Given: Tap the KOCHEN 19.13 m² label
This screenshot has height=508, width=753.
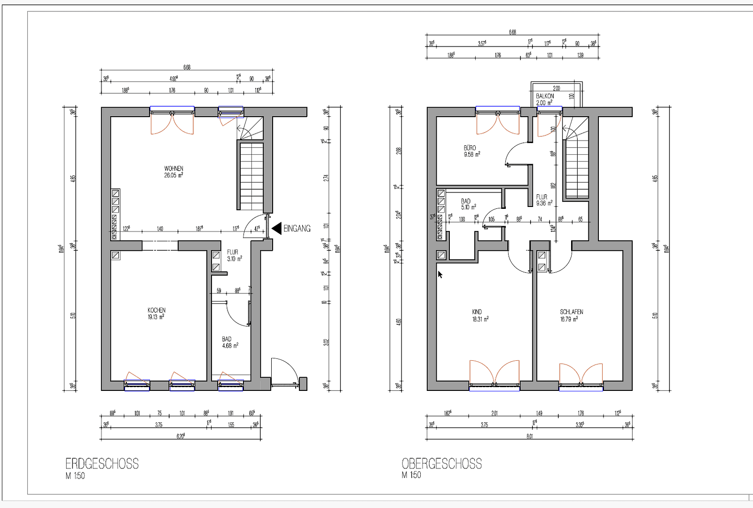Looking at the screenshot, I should click(157, 314).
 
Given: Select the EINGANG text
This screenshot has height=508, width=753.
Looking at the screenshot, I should click(297, 228).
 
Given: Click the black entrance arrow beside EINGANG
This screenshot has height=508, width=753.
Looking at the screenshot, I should click(277, 228).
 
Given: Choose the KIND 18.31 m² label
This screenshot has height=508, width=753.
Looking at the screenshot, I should click(480, 315).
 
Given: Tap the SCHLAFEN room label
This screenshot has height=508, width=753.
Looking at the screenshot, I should click(571, 315).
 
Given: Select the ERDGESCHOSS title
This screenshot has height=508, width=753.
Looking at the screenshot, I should click(102, 464).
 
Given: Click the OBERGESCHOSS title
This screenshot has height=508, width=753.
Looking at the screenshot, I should click(441, 464).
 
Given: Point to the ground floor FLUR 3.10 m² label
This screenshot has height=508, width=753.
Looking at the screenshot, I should click(234, 255).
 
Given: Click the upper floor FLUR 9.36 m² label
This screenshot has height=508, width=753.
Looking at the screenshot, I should click(544, 200).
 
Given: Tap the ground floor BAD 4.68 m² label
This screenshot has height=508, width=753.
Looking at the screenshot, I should click(230, 342).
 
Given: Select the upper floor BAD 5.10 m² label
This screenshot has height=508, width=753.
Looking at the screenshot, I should click(468, 204).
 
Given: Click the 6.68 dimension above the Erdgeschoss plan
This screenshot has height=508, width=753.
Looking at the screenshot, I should click(187, 67).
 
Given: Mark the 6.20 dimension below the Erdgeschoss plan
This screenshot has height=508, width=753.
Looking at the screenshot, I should click(180, 436).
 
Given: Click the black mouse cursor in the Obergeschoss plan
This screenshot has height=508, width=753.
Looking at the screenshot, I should click(440, 275).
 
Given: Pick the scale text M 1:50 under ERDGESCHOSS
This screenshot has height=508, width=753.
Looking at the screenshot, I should click(75, 476).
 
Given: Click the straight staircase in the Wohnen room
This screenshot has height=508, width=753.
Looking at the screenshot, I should click(251, 176).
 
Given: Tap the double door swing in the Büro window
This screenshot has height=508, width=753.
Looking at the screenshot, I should click(498, 124).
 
